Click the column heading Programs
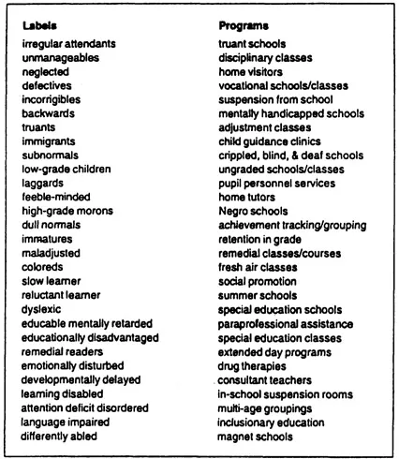tap(244, 26)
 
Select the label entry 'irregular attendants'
tap(69, 44)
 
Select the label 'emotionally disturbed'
tap(75, 364)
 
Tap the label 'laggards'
tap(43, 183)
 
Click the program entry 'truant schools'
tap(252, 44)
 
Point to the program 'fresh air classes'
tap(258, 266)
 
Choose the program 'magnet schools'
tap(256, 435)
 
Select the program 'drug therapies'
tap(253, 364)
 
